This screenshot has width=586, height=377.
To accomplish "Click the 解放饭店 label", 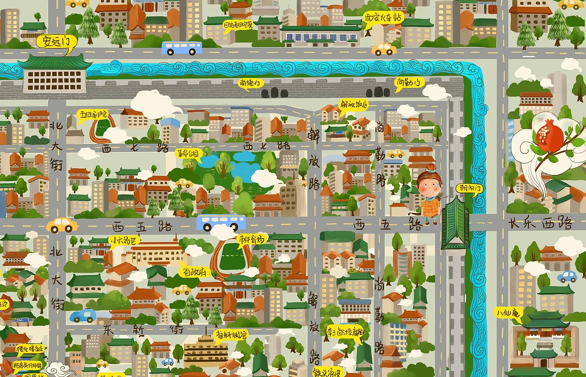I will click(x=353, y=104).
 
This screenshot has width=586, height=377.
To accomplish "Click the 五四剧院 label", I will click(x=93, y=113).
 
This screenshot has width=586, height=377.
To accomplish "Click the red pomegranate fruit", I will click(x=549, y=135).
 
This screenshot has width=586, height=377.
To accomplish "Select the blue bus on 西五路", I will click(x=221, y=222).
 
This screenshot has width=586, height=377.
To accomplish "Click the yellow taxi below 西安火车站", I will click(x=384, y=49).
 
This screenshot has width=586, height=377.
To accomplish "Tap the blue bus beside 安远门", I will click(x=181, y=48).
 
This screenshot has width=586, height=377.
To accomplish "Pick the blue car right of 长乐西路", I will click(x=567, y=276).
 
